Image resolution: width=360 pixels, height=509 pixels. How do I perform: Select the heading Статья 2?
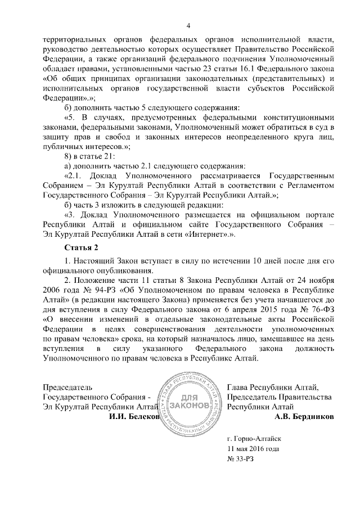(x=82, y=247)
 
